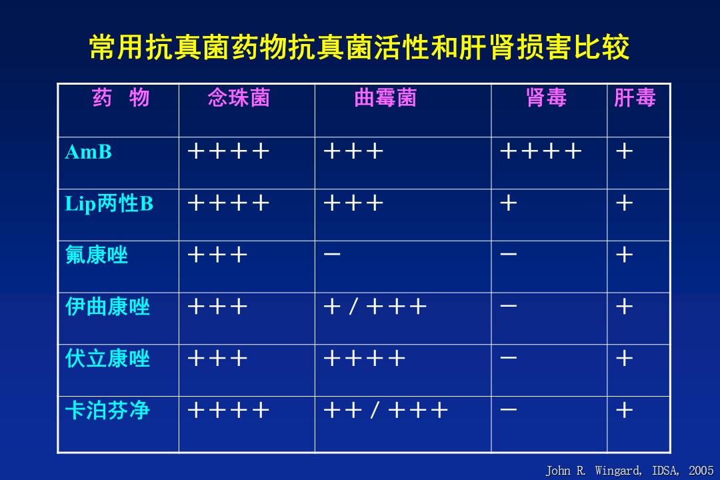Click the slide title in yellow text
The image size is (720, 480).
point(359,47)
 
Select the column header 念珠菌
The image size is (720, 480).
point(239,98)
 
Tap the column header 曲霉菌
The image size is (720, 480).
point(385,98)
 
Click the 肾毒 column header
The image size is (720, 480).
point(547,98)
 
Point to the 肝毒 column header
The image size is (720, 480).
point(635,98)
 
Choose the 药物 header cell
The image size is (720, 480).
point(121,98)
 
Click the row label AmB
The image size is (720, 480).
point(88,152)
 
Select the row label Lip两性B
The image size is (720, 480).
point(109,204)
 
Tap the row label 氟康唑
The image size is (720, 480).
point(97,255)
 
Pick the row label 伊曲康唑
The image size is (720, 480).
point(107,307)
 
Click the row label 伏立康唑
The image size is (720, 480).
point(107,359)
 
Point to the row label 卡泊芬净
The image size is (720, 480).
point(107,411)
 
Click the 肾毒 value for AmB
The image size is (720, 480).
point(541,151)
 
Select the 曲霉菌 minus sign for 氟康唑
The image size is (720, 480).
point(332,254)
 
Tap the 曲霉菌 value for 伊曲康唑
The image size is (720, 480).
point(375,307)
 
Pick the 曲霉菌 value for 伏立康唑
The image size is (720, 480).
point(365,358)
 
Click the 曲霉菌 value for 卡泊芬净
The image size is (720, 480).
point(386,410)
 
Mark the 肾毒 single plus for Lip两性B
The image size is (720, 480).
point(509,203)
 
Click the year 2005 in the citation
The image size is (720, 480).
point(701,471)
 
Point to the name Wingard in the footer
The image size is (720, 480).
point(618,471)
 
